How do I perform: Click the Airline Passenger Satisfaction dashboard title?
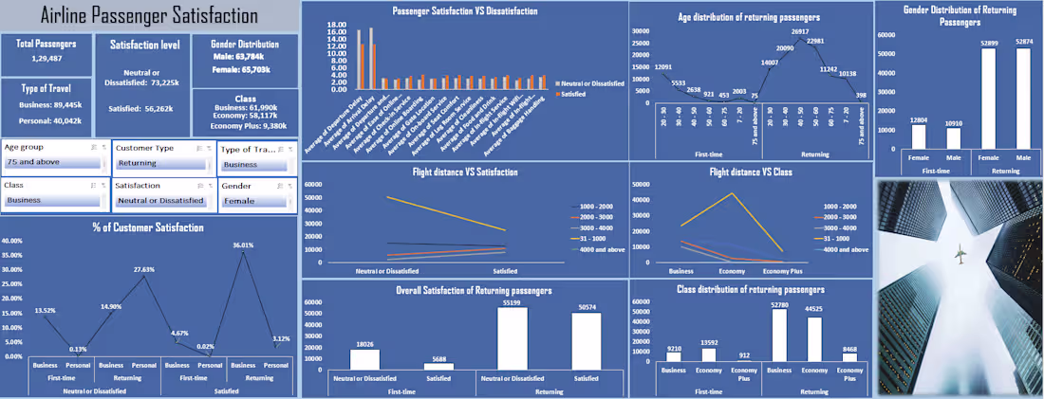tap(150, 16)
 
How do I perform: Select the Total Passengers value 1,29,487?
tap(47, 60)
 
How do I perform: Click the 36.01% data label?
tap(246, 245)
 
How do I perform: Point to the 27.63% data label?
tap(143, 270)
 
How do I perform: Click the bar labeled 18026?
tap(364, 359)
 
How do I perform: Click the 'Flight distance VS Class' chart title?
tap(751, 172)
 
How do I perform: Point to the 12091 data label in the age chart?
tap(664, 66)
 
